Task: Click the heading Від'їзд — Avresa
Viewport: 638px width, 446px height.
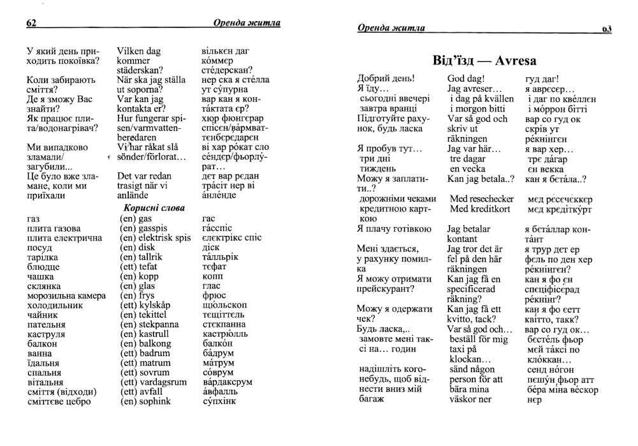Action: [x=484, y=61]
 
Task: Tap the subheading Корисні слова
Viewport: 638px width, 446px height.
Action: [x=154, y=208]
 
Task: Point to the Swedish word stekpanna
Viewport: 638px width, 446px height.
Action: [x=159, y=324]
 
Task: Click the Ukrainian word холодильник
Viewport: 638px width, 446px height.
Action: [x=55, y=305]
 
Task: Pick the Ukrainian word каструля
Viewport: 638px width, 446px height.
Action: [x=45, y=334]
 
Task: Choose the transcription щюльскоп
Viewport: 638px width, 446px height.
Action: [x=224, y=305]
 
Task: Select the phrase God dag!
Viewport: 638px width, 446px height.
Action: [x=467, y=79]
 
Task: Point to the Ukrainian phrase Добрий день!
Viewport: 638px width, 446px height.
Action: [x=386, y=79]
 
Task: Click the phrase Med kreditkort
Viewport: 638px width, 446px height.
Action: [x=480, y=209]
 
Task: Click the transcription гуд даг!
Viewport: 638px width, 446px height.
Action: [x=542, y=79]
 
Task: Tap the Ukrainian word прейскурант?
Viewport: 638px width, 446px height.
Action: [x=386, y=288]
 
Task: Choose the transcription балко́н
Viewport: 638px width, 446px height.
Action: [x=218, y=343]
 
